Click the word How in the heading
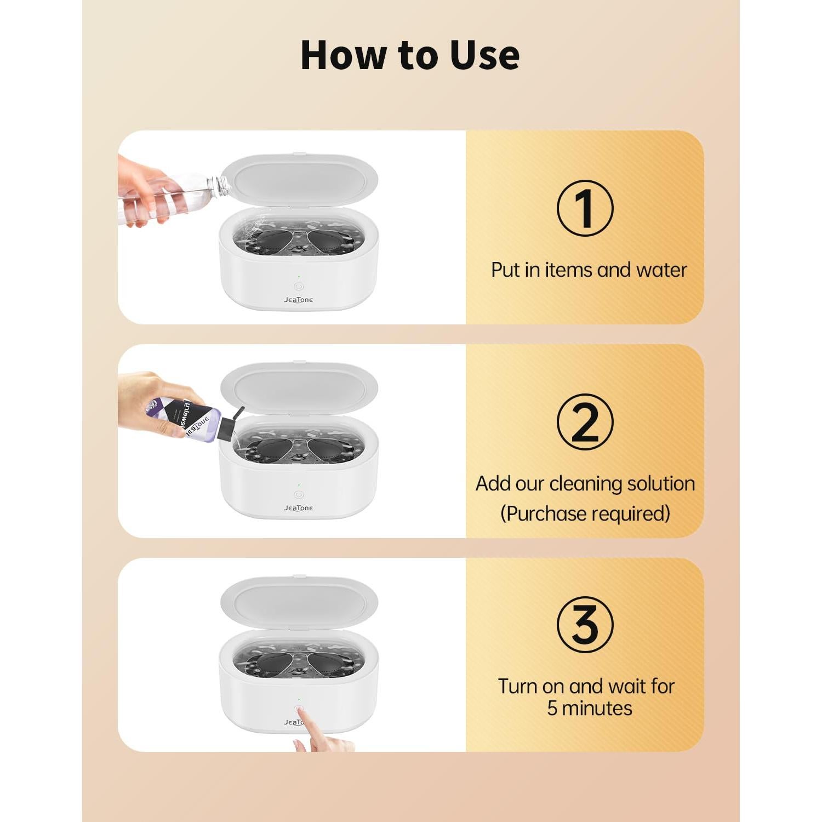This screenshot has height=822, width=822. pos(344,55)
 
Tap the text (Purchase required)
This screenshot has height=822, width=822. pos(585,514)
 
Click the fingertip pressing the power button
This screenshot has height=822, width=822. pos(300,711)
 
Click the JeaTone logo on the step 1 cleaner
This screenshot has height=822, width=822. pos(299,300)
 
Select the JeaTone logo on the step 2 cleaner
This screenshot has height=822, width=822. pos(299,508)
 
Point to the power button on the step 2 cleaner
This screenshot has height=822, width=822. pos(299,494)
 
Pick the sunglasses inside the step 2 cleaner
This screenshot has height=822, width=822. pos(299,447)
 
